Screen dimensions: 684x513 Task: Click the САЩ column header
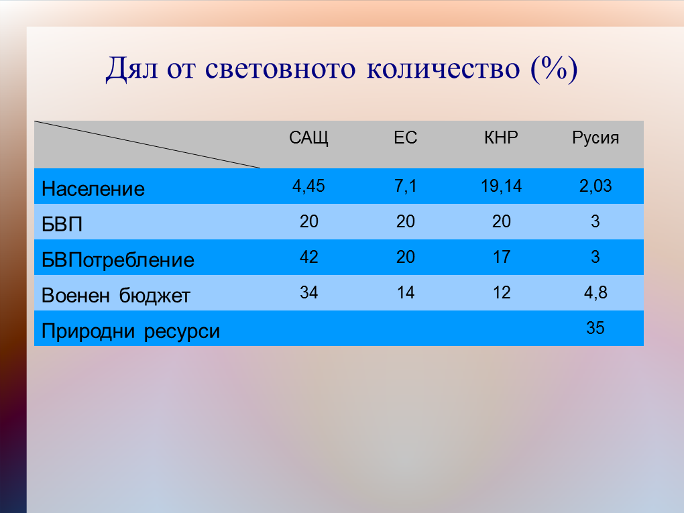click(x=308, y=138)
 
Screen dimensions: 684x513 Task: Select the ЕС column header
click(x=405, y=137)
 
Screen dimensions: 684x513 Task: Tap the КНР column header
click(x=501, y=137)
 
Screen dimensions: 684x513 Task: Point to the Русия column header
click(x=595, y=138)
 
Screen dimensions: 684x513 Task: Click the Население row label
click(x=93, y=189)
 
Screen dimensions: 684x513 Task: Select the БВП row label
click(x=62, y=225)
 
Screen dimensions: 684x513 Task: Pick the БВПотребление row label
click(x=118, y=260)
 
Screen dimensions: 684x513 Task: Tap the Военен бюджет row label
click(x=115, y=296)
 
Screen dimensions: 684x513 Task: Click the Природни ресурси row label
click(x=131, y=332)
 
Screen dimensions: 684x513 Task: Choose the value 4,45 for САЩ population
click(x=308, y=186)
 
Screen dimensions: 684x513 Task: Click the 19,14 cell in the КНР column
click(x=501, y=186)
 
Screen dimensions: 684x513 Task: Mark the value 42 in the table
click(x=308, y=257)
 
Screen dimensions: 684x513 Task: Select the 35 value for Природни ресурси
click(x=595, y=328)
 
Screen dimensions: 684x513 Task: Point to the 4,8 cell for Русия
click(x=595, y=292)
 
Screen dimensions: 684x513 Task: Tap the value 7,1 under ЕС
click(x=405, y=186)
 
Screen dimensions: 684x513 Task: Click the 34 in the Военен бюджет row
click(x=308, y=292)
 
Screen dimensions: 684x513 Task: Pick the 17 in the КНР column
click(x=501, y=257)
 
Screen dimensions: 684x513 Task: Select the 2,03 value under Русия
click(x=595, y=186)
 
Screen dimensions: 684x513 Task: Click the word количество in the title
click(x=443, y=68)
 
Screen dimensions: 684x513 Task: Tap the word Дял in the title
click(x=131, y=69)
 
